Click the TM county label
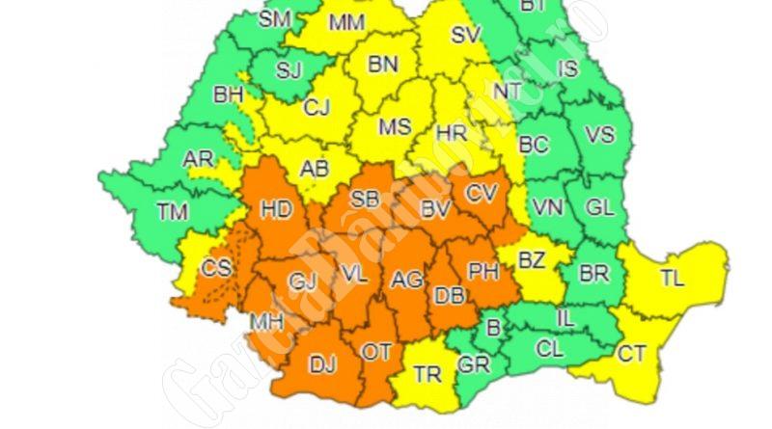(x=175, y=209)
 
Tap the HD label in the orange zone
(x=277, y=209)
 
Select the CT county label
(x=631, y=355)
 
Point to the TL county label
(x=672, y=280)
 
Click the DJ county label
(x=321, y=365)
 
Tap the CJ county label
(x=317, y=109)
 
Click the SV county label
(x=466, y=36)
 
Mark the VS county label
(x=600, y=136)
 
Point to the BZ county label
(x=532, y=260)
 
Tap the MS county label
(x=394, y=127)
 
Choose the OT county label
(x=376, y=353)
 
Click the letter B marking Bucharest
(x=493, y=328)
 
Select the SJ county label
(x=289, y=69)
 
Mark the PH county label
(x=482, y=272)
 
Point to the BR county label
(x=593, y=273)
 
